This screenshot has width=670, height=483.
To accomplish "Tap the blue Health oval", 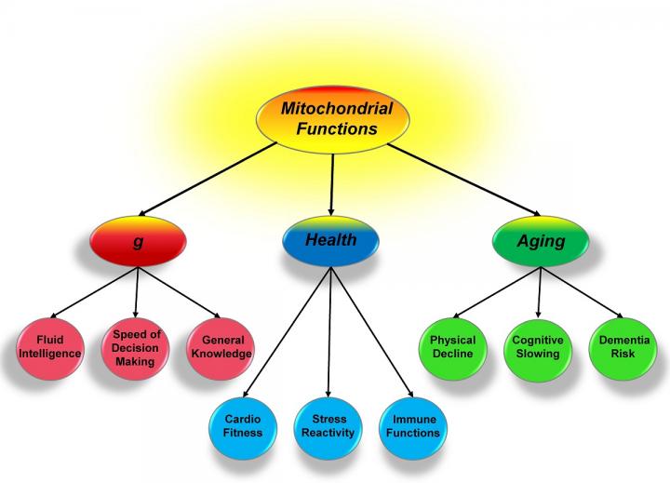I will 332,241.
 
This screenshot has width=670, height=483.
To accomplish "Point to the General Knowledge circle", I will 221,347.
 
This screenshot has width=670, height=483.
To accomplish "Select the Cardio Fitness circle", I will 243,425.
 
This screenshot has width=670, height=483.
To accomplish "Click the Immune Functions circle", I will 409,425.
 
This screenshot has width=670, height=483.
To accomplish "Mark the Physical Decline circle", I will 452,347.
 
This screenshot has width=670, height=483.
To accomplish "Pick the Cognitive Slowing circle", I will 537,347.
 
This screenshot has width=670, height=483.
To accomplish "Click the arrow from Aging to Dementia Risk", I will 583,288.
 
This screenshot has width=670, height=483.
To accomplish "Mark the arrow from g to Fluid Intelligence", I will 93,292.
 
